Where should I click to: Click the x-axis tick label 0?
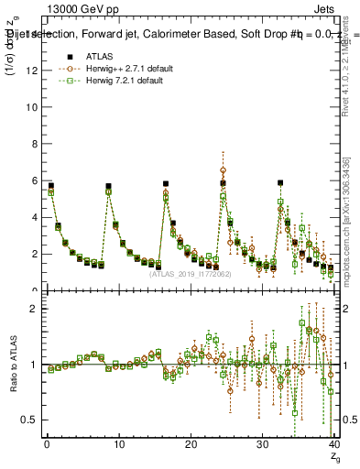pyautogui.click(x=47, y=446)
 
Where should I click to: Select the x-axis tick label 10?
pyautogui.click(x=118, y=446)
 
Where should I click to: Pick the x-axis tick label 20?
pyautogui.click(x=191, y=446)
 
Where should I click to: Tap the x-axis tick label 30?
pyautogui.click(x=262, y=446)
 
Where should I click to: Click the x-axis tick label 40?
pyautogui.click(x=333, y=446)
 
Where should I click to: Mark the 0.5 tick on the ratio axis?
pyautogui.click(x=28, y=420)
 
